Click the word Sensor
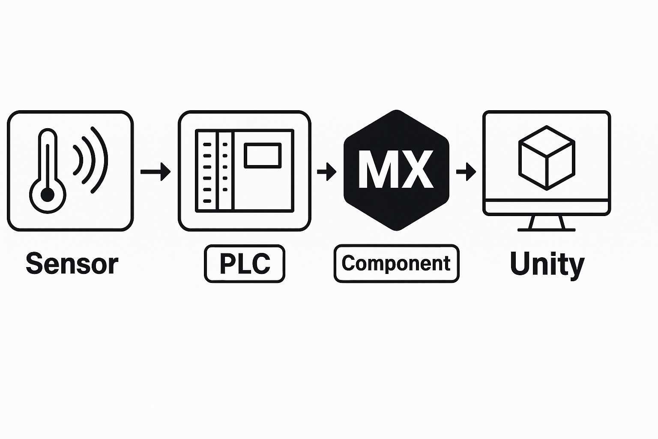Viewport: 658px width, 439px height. tap(72, 264)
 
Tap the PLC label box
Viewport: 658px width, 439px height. tap(245, 264)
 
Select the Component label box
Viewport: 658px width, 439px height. tap(396, 263)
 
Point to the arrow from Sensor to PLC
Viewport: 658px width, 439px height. tap(156, 171)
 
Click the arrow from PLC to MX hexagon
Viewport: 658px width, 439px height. tap(326, 171)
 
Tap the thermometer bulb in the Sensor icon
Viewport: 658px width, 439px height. tap(48, 195)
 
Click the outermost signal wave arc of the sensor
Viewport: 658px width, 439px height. tap(100, 159)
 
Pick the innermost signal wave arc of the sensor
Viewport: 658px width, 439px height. tap(78, 160)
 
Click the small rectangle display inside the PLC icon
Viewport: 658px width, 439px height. tap(263, 156)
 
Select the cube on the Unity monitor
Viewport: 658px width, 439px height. tap(546, 158)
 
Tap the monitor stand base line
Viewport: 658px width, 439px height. tap(546, 230)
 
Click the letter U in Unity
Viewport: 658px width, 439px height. tap(520, 264)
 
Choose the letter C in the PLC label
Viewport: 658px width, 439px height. tap(259, 264)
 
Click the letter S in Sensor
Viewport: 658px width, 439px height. tap(35, 264)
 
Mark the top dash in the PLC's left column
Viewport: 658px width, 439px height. tap(207, 144)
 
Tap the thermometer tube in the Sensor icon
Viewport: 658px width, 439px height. tap(48, 159)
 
